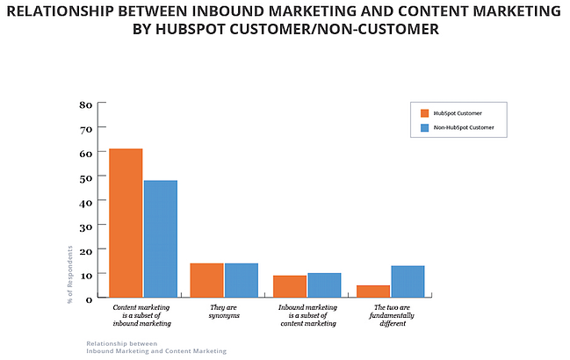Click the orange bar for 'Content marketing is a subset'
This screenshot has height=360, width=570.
pos(126,223)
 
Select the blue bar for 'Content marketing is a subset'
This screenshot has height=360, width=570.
pos(160,239)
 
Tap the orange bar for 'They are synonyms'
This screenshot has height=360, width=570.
pos(206,280)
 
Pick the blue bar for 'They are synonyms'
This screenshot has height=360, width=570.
pos(241,280)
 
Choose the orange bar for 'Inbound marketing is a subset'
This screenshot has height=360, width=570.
pos(289,286)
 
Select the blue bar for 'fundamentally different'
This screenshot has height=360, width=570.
pos(408,282)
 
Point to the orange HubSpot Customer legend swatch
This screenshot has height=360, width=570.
pos(424,113)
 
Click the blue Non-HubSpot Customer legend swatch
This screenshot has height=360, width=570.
pos(424,128)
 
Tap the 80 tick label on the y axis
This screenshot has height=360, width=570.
pos(85,104)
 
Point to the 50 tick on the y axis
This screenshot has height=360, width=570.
pos(85,178)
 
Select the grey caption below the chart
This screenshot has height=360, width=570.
pos(155,347)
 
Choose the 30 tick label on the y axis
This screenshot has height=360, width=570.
pos(85,227)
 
